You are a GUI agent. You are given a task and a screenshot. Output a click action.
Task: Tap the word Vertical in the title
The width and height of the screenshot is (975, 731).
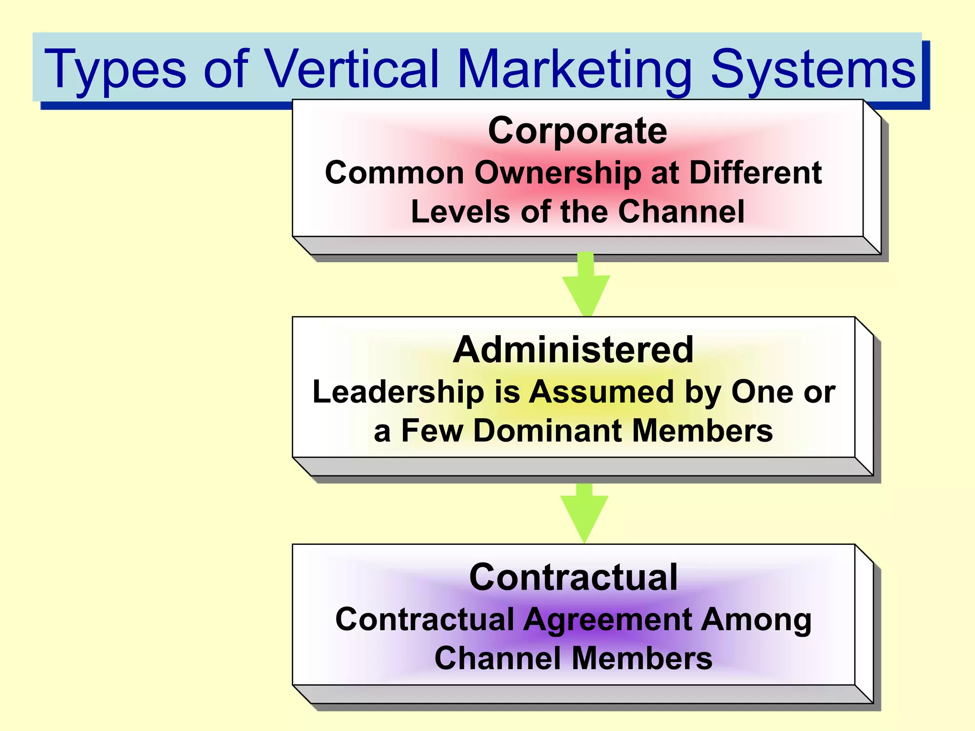[351, 69]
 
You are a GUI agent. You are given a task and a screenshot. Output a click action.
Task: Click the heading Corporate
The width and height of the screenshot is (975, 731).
[577, 130]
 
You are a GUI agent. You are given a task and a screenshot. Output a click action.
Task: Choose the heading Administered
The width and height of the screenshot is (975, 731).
[573, 350]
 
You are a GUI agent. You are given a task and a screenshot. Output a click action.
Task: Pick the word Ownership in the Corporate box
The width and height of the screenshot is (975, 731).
[557, 172]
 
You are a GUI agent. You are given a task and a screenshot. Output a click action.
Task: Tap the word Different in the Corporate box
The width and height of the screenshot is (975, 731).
[756, 172]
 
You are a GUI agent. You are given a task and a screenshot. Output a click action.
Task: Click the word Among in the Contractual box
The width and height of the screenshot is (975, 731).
[756, 620]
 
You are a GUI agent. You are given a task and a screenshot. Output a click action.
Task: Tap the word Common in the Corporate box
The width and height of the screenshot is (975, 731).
[394, 172]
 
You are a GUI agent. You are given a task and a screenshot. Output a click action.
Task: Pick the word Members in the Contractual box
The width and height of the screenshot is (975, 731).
[642, 659]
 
